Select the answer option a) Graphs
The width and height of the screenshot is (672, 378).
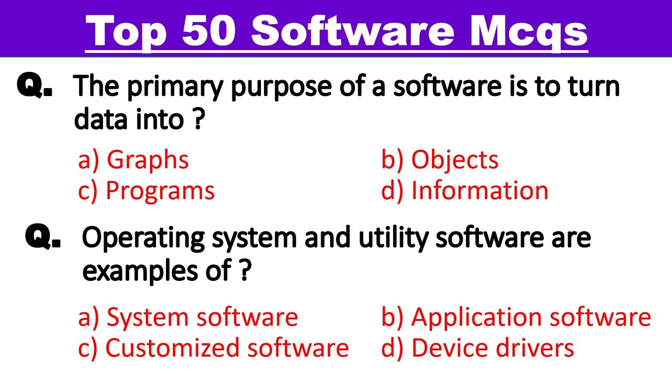(133, 160)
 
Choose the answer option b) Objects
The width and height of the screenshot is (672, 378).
(440, 160)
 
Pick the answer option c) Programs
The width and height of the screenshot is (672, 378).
(146, 191)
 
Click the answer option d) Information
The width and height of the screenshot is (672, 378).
(465, 191)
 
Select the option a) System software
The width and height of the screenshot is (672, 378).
(188, 317)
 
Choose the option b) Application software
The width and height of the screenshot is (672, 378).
(516, 317)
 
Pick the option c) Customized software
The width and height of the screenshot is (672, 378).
(213, 348)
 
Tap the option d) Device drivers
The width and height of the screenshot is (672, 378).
(478, 348)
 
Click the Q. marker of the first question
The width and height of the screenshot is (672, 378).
(35, 86)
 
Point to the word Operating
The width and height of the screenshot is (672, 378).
(143, 239)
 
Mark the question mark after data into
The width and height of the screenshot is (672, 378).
(197, 120)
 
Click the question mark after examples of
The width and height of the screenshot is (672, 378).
(244, 271)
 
